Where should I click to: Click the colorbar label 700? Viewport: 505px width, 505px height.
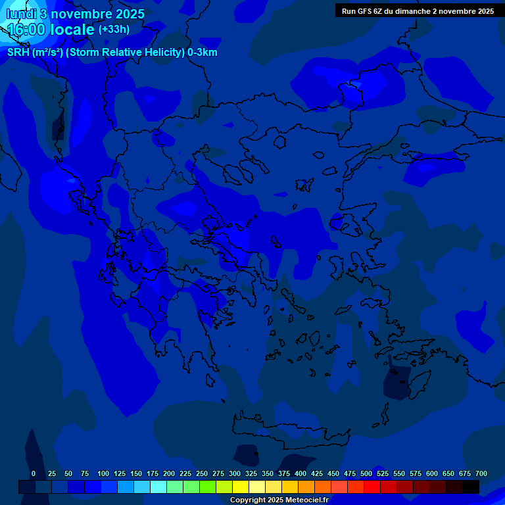(481, 473)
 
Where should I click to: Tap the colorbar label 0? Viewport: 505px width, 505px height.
(34, 473)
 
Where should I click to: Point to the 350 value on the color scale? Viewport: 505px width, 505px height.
(268, 473)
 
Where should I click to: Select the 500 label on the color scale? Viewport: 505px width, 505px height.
(366, 473)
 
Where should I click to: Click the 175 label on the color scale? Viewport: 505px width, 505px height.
(153, 473)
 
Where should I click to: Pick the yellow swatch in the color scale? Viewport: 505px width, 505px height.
(241, 487)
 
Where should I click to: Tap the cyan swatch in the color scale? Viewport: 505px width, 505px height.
(158, 487)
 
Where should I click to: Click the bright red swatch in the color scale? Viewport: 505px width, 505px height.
(372, 487)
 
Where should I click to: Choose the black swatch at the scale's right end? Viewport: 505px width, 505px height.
(471, 487)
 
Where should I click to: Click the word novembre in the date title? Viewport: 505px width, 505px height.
(81, 14)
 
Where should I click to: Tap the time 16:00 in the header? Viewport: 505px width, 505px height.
(27, 30)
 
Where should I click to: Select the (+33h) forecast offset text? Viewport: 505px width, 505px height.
(114, 30)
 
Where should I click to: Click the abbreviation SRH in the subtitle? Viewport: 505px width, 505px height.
(18, 53)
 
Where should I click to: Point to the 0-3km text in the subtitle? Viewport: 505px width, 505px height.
(202, 53)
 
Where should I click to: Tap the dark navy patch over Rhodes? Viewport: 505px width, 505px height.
(397, 382)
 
